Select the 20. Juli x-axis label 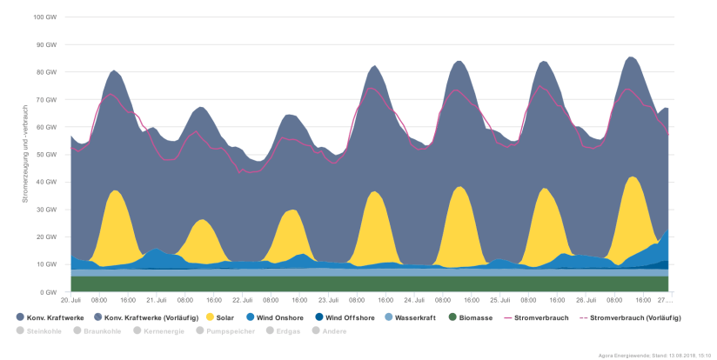click(71, 300)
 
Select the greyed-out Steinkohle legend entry click(44, 330)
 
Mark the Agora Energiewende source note click(655, 355)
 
